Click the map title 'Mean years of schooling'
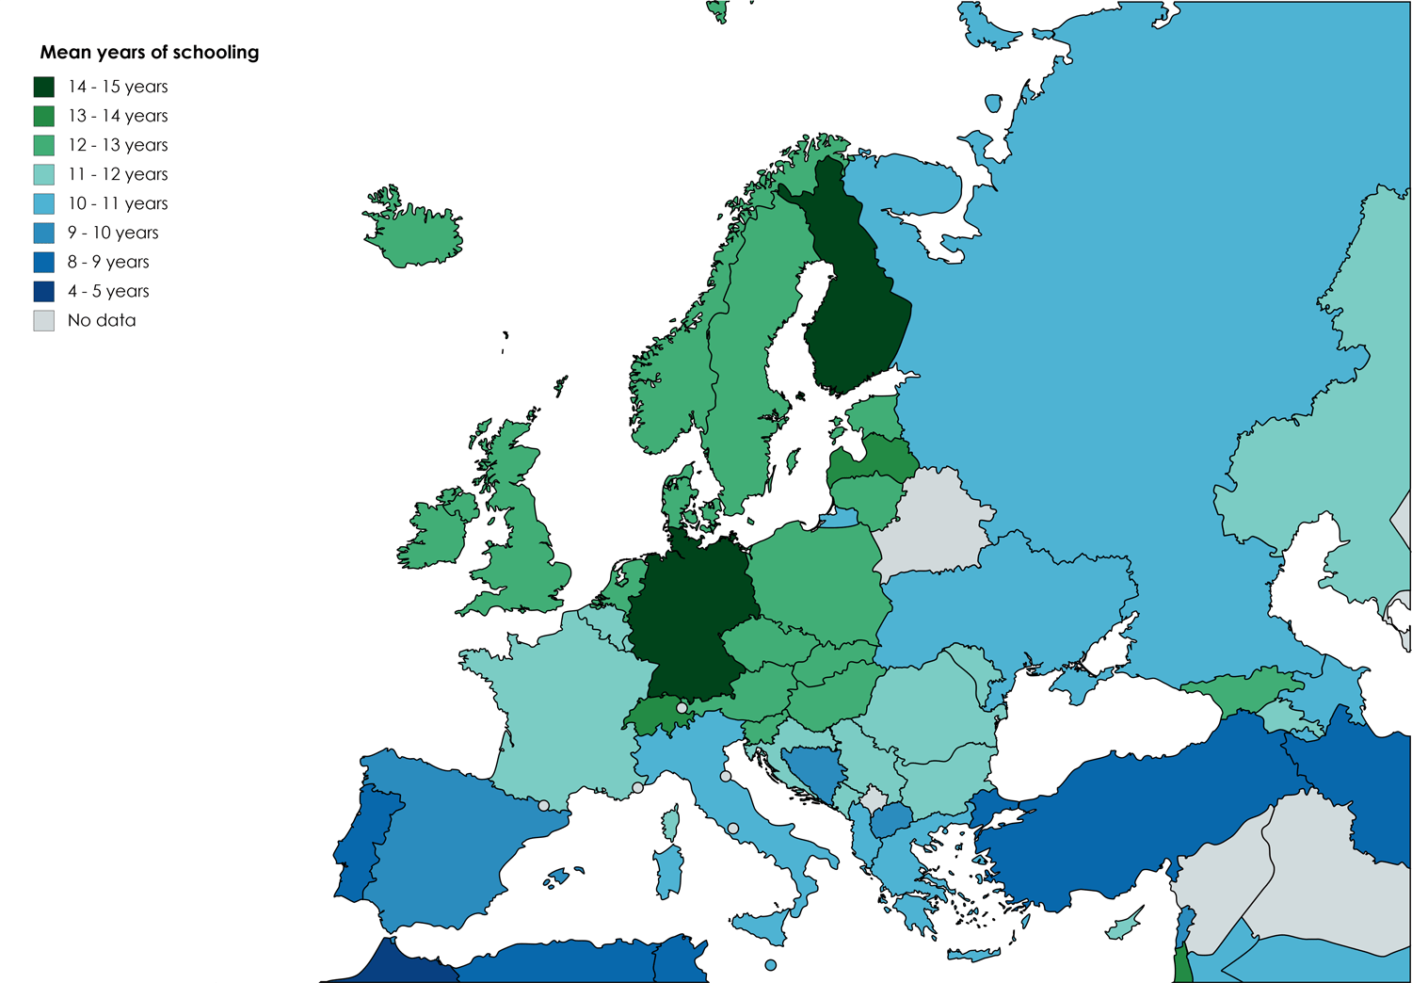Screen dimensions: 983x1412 click(x=149, y=53)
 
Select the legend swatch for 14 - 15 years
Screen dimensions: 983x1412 click(x=44, y=87)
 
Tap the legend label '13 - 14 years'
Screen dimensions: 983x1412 click(x=118, y=116)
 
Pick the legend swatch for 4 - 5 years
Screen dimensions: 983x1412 click(x=44, y=291)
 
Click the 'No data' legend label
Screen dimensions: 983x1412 click(x=102, y=320)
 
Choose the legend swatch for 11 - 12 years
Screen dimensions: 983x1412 click(x=44, y=174)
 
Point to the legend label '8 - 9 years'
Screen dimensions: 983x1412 click(x=108, y=262)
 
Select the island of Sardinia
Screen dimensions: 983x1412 click(x=667, y=871)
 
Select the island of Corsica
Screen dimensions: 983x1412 click(x=671, y=823)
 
